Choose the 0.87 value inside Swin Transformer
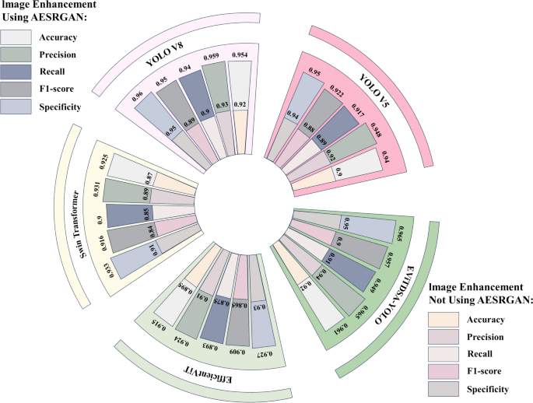pos(146,178)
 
